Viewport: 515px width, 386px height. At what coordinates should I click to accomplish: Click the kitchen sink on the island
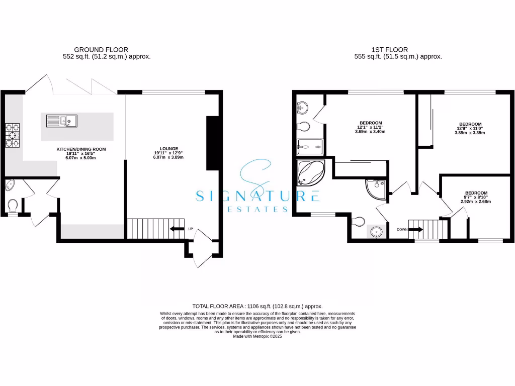[x=61, y=120]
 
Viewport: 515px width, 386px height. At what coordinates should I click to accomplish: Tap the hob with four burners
[x=12, y=135]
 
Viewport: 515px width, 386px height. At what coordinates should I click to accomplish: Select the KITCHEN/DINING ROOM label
[x=81, y=153]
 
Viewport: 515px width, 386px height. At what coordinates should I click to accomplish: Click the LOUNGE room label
[x=169, y=152]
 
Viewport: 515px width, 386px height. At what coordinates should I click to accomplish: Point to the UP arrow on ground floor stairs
[x=178, y=229]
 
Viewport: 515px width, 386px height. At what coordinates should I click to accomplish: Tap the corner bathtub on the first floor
[x=309, y=173]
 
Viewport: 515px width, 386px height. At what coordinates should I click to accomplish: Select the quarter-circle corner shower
[x=376, y=189]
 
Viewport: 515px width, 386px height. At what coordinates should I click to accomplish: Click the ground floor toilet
[x=13, y=205]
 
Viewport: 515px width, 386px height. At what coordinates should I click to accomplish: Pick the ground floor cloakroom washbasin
[x=11, y=186]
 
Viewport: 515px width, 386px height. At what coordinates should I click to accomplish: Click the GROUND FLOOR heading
[x=101, y=49]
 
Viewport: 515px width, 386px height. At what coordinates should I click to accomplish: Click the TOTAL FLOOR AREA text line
[x=257, y=306]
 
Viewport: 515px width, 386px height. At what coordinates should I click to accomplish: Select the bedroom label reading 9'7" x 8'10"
[x=475, y=197]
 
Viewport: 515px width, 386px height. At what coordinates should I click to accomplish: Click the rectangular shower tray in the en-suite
[x=310, y=147]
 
